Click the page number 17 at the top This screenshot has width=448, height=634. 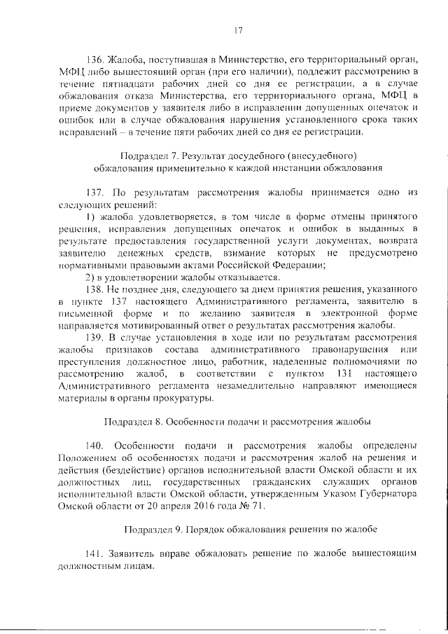click(237, 29)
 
